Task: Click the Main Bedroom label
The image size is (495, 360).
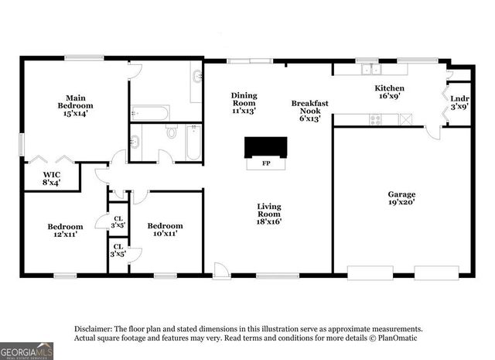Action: [x=75, y=105]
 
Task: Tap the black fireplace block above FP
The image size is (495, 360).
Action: [x=265, y=147]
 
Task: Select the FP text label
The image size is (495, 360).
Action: [x=266, y=163]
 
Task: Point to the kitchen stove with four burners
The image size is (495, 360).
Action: [x=375, y=119]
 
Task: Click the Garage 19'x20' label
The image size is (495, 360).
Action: [x=401, y=199]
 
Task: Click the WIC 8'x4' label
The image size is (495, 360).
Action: [x=50, y=178]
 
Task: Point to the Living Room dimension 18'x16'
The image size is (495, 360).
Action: [x=269, y=221]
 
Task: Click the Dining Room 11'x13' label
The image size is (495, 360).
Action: [x=244, y=103]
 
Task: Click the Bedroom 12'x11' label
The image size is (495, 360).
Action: [x=63, y=230]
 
